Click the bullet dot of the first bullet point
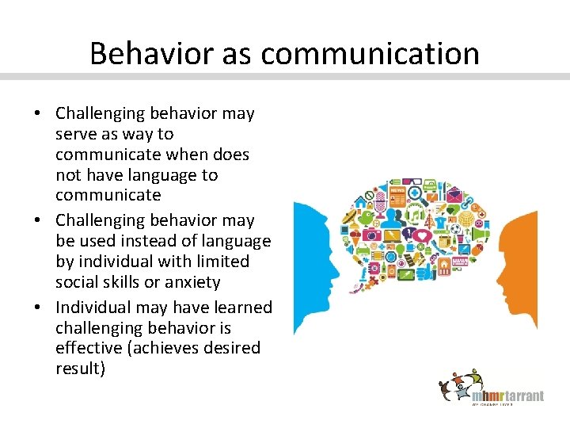click(x=38, y=114)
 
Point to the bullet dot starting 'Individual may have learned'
click(x=38, y=308)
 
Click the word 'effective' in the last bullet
click(x=85, y=348)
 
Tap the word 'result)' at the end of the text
click(x=80, y=369)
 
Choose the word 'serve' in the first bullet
click(x=75, y=134)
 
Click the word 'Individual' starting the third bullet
click(x=93, y=308)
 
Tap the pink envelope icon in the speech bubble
click(x=454, y=195)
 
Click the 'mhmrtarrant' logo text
click(x=507, y=396)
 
